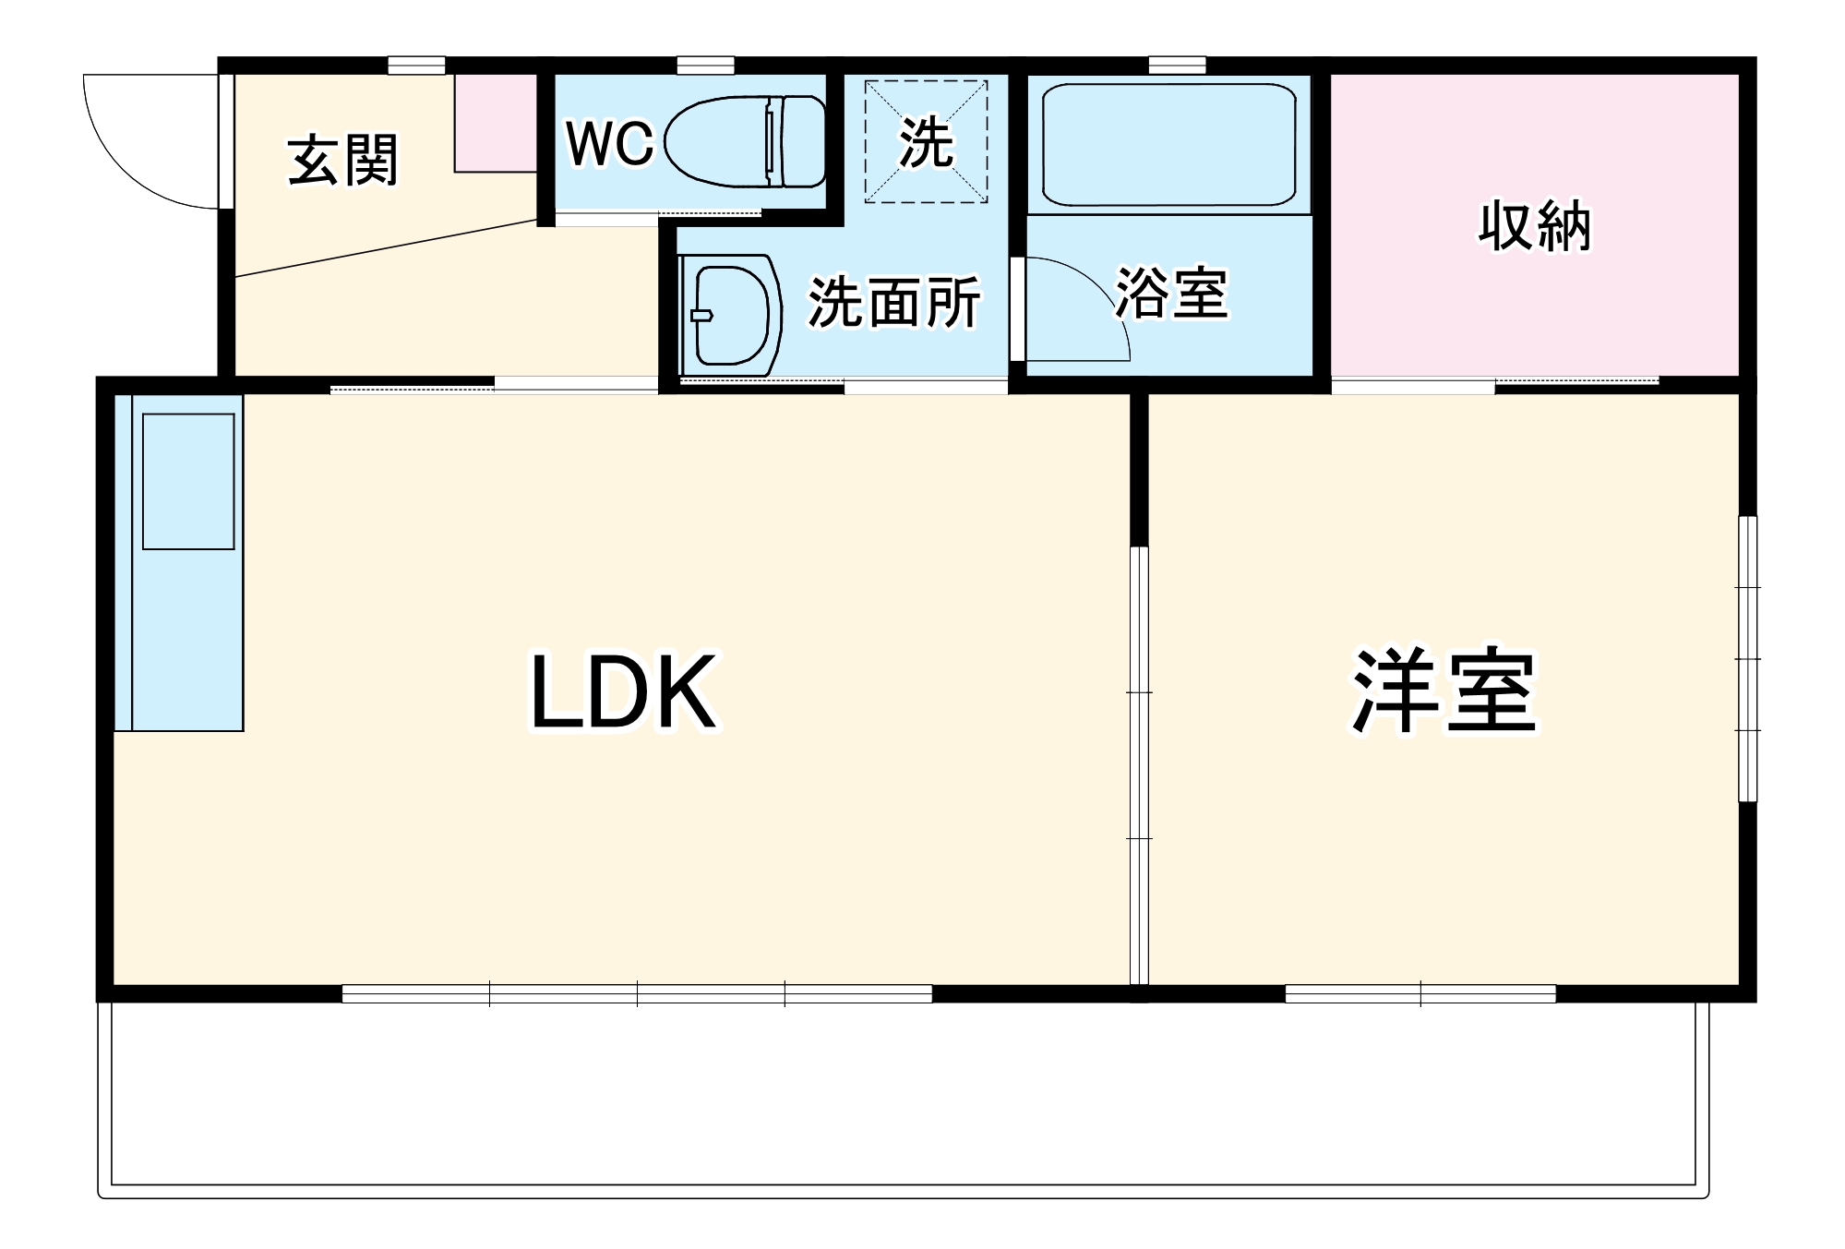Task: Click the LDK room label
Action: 623,692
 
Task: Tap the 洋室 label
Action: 1444,692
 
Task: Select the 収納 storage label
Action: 1535,226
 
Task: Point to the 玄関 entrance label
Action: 343,161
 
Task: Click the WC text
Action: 609,143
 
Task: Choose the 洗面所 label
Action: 893,302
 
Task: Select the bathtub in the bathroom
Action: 1168,145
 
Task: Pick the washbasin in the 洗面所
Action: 732,315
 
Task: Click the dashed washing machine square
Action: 926,141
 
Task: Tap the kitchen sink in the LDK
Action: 188,481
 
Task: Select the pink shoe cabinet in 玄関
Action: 496,123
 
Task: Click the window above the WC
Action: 705,66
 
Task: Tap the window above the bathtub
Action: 1177,66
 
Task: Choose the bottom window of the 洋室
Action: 1420,994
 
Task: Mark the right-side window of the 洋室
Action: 1747,658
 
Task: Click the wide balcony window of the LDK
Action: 637,994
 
